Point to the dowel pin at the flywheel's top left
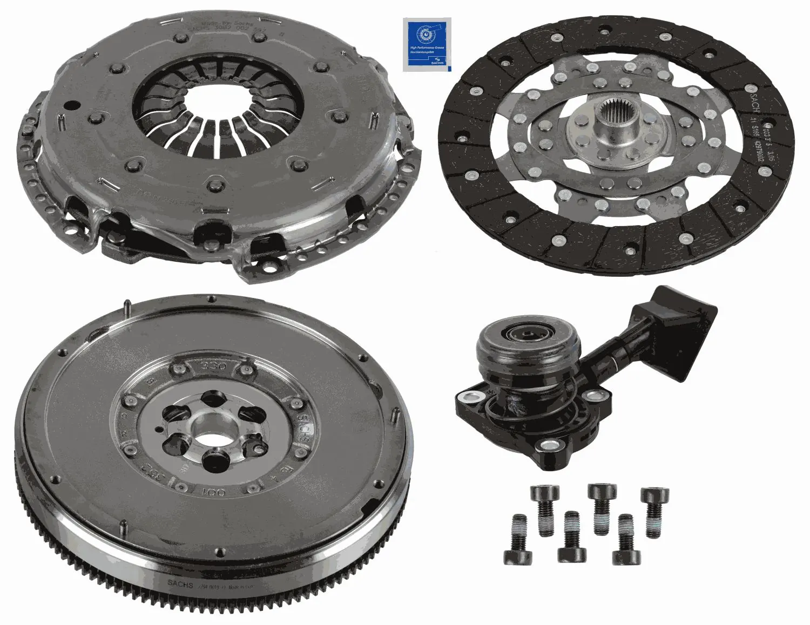[125, 308]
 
